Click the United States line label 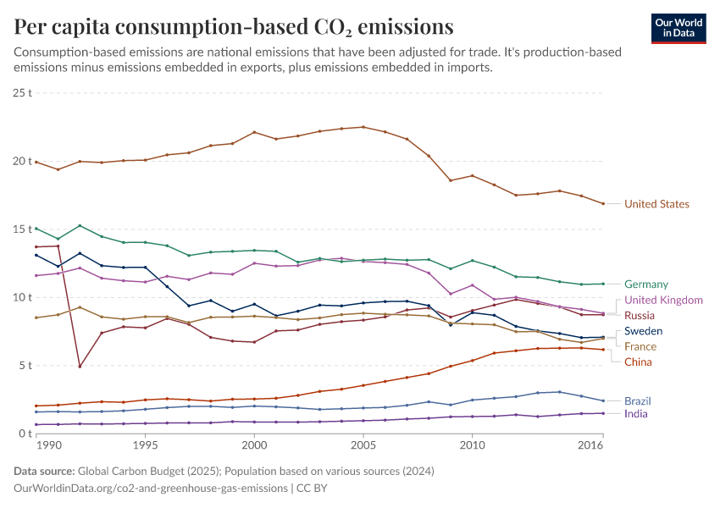(656, 204)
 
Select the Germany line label (646, 284)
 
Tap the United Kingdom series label (663, 301)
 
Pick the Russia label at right (640, 316)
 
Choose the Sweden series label (643, 331)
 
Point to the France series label (640, 346)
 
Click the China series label (639, 362)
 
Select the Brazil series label (639, 400)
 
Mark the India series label (636, 414)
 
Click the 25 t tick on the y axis (23, 92)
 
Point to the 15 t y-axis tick (23, 229)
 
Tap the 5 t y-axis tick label (25, 366)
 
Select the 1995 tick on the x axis (145, 444)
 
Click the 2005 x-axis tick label (363, 444)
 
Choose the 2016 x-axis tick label (590, 444)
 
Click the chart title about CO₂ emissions (234, 27)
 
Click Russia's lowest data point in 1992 (80, 367)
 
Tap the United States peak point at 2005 (363, 127)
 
